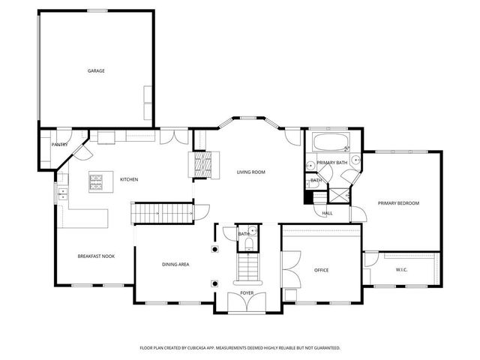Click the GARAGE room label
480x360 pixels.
[96, 70]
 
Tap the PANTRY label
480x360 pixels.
[60, 144]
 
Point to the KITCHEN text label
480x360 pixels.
[129, 179]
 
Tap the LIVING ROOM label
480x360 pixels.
[251, 172]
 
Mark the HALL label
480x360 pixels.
[327, 213]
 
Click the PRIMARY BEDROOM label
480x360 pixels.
[398, 203]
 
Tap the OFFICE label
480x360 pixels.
[321, 270]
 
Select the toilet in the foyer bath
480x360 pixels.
[253, 234]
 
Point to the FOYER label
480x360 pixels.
[247, 292]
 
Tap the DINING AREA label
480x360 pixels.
[175, 264]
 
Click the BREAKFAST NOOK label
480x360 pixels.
[95, 256]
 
